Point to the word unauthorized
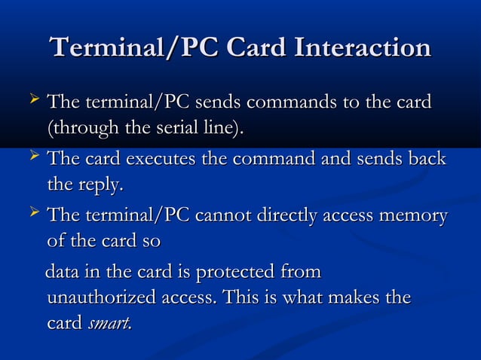point(101,298)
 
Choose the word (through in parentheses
point(78,127)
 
